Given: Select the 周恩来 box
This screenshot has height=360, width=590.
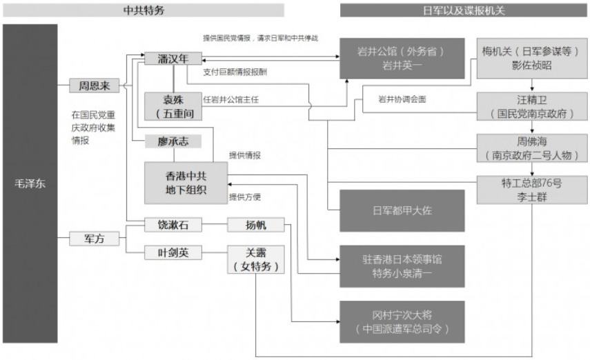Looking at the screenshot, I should click(x=94, y=86).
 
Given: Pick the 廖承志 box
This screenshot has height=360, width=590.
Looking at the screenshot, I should click(x=173, y=141).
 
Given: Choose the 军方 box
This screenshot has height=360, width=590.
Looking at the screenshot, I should click(x=94, y=239).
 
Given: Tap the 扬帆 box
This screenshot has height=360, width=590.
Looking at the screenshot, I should click(x=255, y=225).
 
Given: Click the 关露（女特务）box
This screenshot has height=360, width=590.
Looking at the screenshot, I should click(x=255, y=259).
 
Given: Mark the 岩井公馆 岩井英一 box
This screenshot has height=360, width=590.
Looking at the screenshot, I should click(x=401, y=58).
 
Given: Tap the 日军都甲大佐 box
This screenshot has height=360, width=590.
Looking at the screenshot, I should click(x=401, y=210).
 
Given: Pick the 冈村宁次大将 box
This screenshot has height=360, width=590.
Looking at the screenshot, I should click(x=401, y=321).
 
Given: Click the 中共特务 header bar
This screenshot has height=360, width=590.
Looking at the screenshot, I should click(x=144, y=10).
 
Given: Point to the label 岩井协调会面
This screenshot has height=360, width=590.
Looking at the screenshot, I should click(x=403, y=99).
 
